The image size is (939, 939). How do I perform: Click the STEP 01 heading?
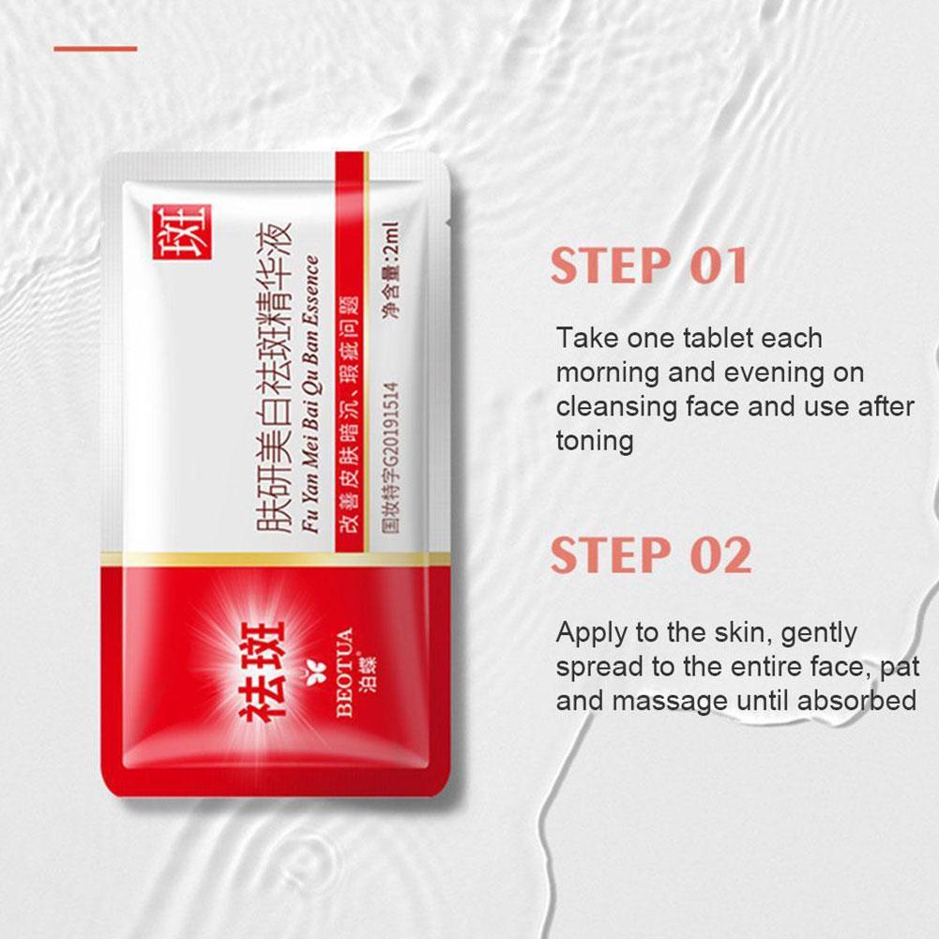coord(649,266)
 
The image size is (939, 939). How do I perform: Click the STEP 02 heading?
coord(651,555)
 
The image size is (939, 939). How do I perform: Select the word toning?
coord(595,441)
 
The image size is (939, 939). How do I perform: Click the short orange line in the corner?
coord(95,49)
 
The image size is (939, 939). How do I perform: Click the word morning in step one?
coord(608,372)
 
